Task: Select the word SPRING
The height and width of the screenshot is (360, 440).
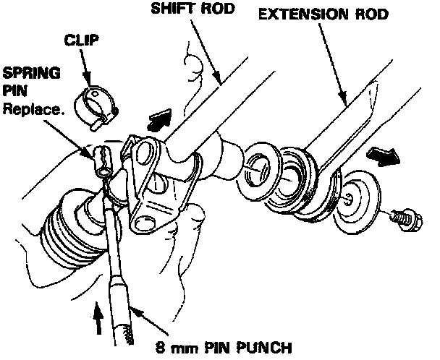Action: click(x=24, y=75)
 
